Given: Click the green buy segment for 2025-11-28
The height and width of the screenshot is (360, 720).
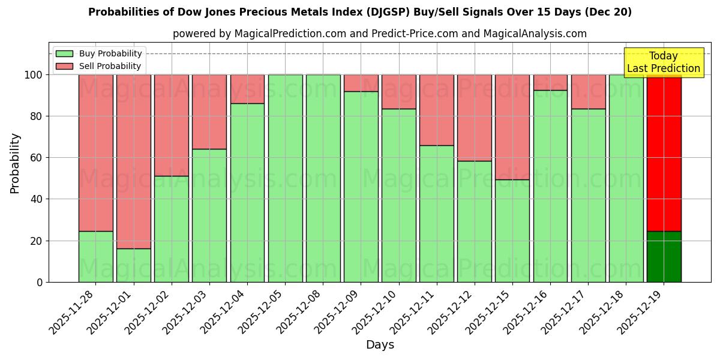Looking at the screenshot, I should [x=95, y=256].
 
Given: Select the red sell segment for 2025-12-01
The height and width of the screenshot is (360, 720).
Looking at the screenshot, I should [x=133, y=161].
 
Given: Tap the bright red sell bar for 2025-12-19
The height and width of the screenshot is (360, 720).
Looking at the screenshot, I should [x=664, y=153].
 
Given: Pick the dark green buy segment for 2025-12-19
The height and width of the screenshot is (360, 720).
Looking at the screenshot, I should [x=664, y=256].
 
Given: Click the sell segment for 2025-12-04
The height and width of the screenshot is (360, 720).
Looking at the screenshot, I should [x=247, y=89].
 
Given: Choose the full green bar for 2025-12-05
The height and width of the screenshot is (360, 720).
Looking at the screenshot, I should [x=285, y=178].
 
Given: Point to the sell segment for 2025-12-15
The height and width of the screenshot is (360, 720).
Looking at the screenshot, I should [x=512, y=127].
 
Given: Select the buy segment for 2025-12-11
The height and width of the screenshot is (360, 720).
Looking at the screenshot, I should [x=436, y=214].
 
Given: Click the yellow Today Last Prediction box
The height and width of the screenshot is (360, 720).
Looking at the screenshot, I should [x=663, y=62].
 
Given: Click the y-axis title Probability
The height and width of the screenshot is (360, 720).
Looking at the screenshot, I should [x=15, y=163].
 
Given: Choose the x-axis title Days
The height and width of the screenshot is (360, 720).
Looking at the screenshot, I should [x=380, y=345].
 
